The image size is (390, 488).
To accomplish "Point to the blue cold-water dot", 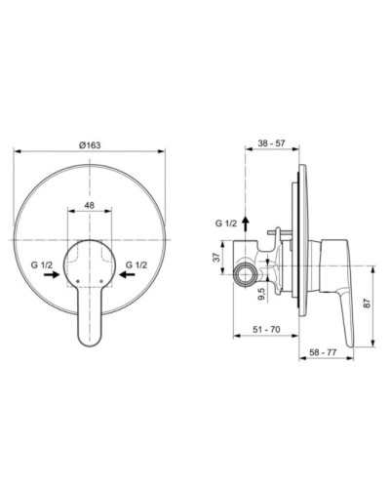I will pos(100,279).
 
